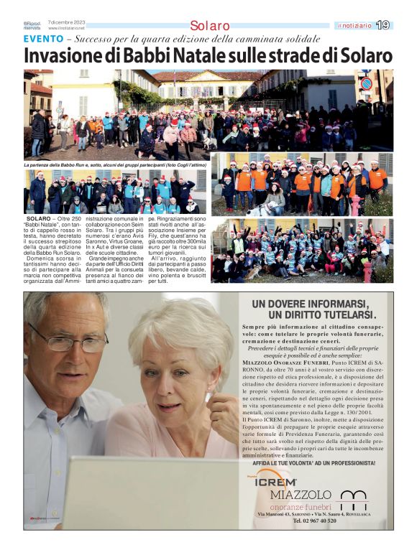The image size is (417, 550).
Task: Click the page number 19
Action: pyautogui.click(x=383, y=25)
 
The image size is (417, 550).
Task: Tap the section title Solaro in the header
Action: pyautogui.click(x=210, y=26)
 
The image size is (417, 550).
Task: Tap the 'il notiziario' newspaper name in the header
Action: pyautogui.click(x=354, y=26)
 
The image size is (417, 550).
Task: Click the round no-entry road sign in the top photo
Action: pyautogui.click(x=366, y=84)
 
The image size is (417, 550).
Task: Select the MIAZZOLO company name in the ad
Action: pyautogui.click(x=301, y=495)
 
